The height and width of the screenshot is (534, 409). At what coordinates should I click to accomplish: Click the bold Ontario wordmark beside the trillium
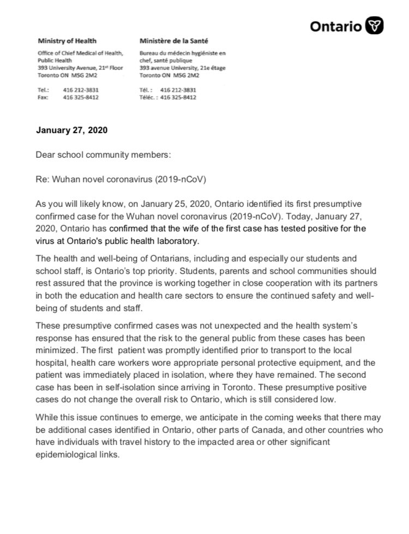(x=336, y=26)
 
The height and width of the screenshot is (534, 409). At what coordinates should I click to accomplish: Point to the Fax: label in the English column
(x=43, y=97)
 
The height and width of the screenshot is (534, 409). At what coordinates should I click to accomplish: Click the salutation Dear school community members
(x=103, y=155)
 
